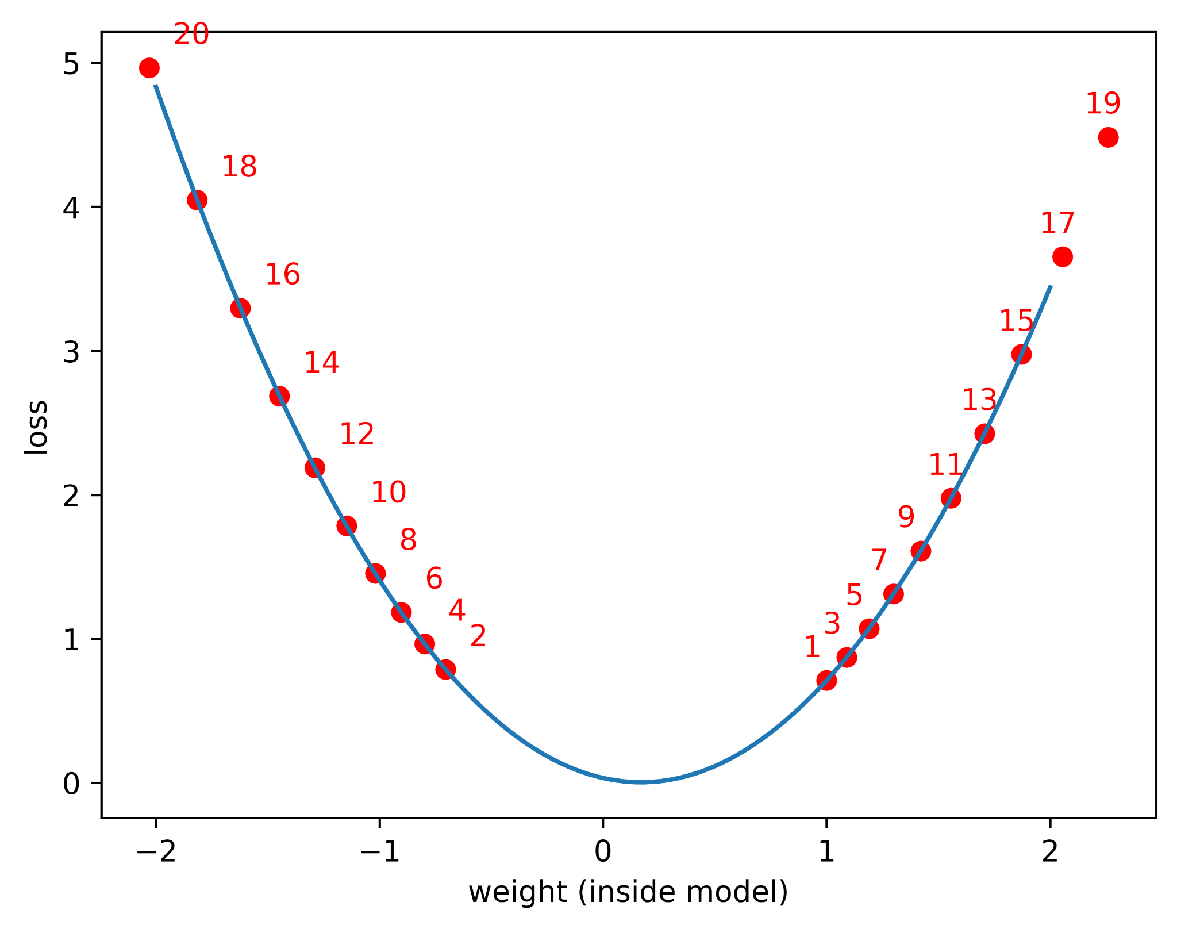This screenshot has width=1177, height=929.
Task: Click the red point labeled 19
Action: [x=1108, y=137]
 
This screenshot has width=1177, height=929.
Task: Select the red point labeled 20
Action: [x=149, y=68]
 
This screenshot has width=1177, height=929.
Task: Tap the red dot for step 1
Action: [x=826, y=681]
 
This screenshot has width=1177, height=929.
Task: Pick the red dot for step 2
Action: [x=445, y=669]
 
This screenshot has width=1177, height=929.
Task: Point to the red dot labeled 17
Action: [x=1062, y=256]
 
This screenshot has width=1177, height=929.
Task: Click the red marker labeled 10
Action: [x=375, y=573]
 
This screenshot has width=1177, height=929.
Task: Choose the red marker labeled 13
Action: [x=984, y=433]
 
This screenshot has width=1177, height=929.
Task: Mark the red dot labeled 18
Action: [x=197, y=200]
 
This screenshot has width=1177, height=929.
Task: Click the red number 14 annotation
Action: [x=321, y=363]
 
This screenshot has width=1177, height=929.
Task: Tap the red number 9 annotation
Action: [x=906, y=517]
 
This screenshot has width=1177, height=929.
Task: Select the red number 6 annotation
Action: [x=434, y=578]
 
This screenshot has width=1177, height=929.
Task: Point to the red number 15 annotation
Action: [x=1016, y=321]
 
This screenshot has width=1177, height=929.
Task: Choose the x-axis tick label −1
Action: [x=379, y=852]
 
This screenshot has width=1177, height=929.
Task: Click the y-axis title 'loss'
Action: [x=36, y=427]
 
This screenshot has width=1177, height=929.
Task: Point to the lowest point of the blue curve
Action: [x=641, y=782]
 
